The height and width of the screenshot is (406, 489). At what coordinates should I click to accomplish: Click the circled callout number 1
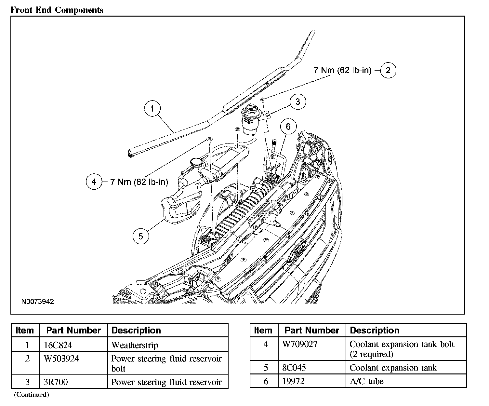[152, 108]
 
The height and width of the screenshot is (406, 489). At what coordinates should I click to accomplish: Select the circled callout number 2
[388, 70]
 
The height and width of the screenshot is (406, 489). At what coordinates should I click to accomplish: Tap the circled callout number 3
[297, 102]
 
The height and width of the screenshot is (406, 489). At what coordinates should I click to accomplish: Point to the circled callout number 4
[94, 182]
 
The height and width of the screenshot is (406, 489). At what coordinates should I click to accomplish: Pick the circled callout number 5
[140, 236]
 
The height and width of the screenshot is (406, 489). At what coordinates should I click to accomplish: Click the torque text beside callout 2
[342, 70]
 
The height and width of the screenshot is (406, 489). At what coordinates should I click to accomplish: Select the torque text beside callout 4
[139, 182]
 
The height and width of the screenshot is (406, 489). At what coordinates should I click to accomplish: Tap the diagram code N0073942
[38, 302]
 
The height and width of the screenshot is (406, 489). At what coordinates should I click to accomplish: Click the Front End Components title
[57, 10]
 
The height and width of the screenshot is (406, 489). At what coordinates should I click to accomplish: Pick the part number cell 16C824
[58, 345]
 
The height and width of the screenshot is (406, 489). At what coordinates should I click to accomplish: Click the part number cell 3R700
[56, 382]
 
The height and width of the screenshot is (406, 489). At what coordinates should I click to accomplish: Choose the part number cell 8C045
[294, 368]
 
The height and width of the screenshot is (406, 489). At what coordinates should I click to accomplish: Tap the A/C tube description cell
[366, 381]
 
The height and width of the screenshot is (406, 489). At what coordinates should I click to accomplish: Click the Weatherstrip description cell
[135, 345]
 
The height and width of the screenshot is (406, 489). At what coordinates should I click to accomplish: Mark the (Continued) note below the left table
[31, 395]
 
